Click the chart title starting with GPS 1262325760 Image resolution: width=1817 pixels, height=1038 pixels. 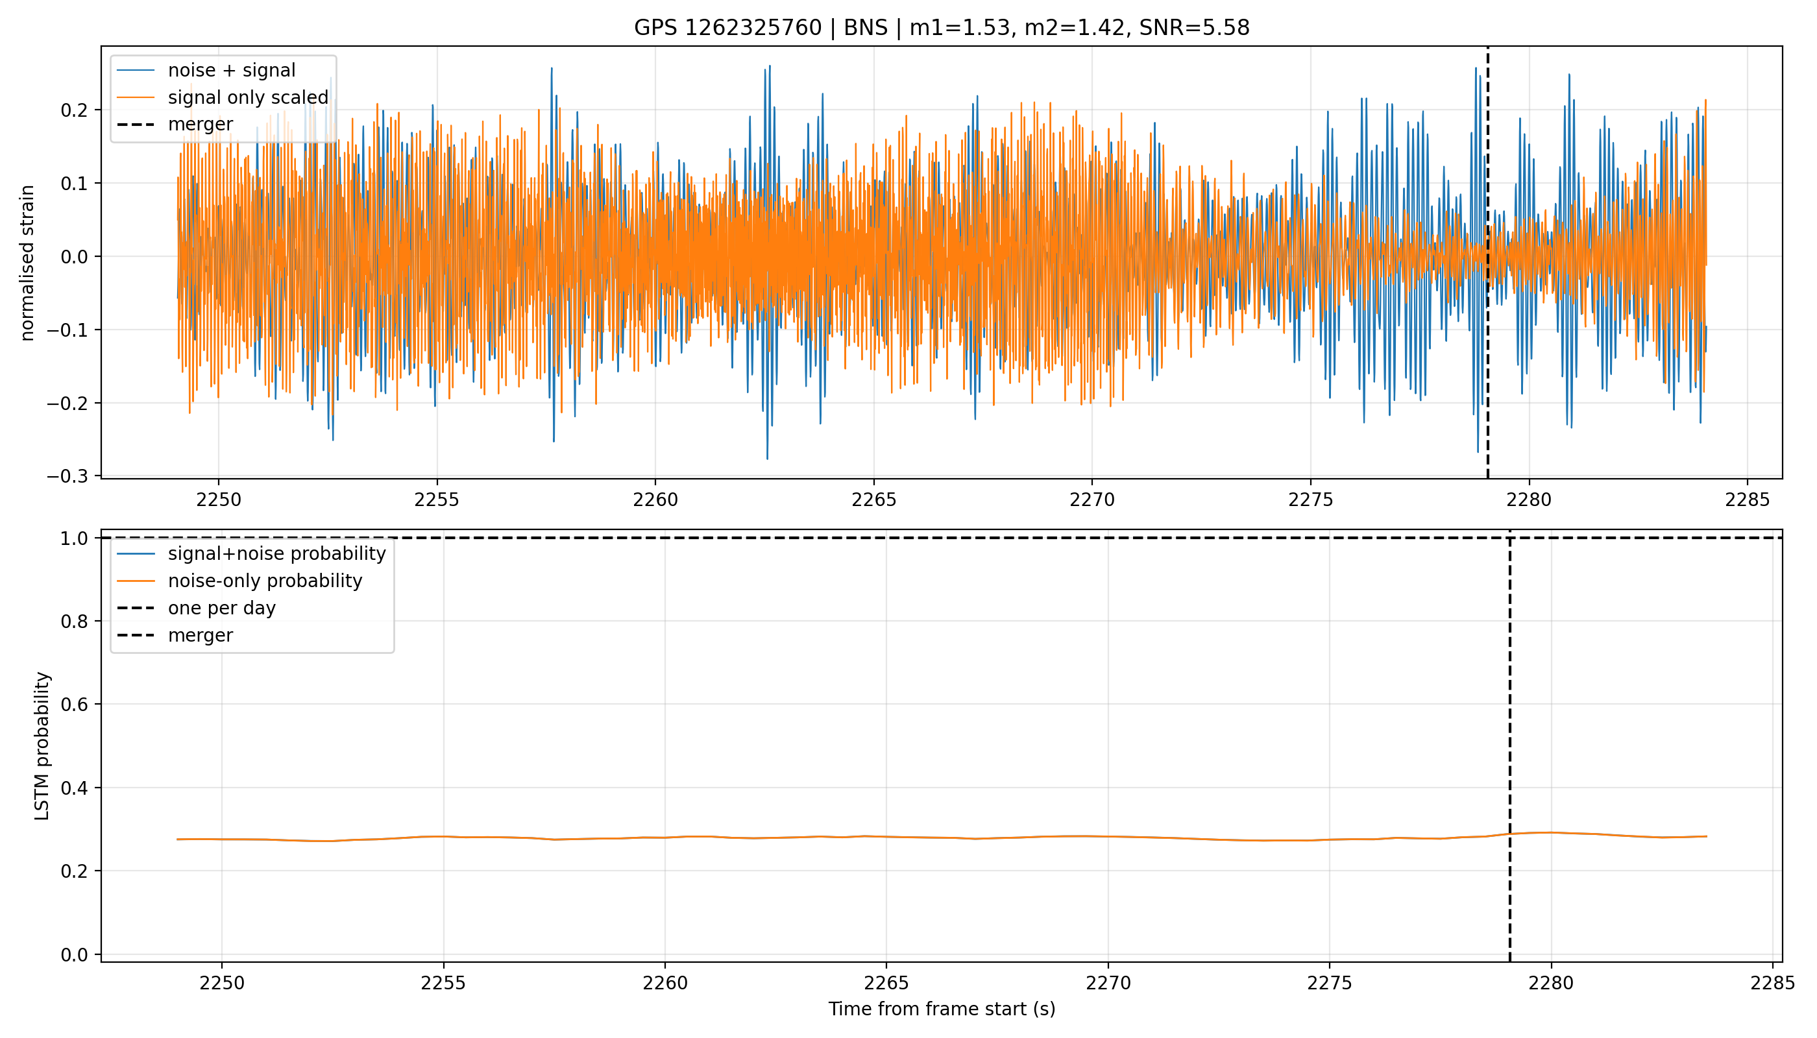tap(942, 28)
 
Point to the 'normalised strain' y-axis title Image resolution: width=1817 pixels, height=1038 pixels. tap(27, 263)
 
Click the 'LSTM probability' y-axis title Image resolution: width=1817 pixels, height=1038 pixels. tap(42, 745)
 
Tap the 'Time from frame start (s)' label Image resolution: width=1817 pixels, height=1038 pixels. tap(942, 1009)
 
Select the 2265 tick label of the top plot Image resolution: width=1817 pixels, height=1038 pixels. tap(873, 500)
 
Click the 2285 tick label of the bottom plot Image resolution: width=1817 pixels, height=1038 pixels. tap(1773, 984)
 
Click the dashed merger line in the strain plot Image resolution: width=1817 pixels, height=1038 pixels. tap(1487, 262)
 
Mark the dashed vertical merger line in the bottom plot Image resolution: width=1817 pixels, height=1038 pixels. tap(1509, 745)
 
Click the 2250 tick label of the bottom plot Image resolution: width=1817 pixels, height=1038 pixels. tap(222, 984)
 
